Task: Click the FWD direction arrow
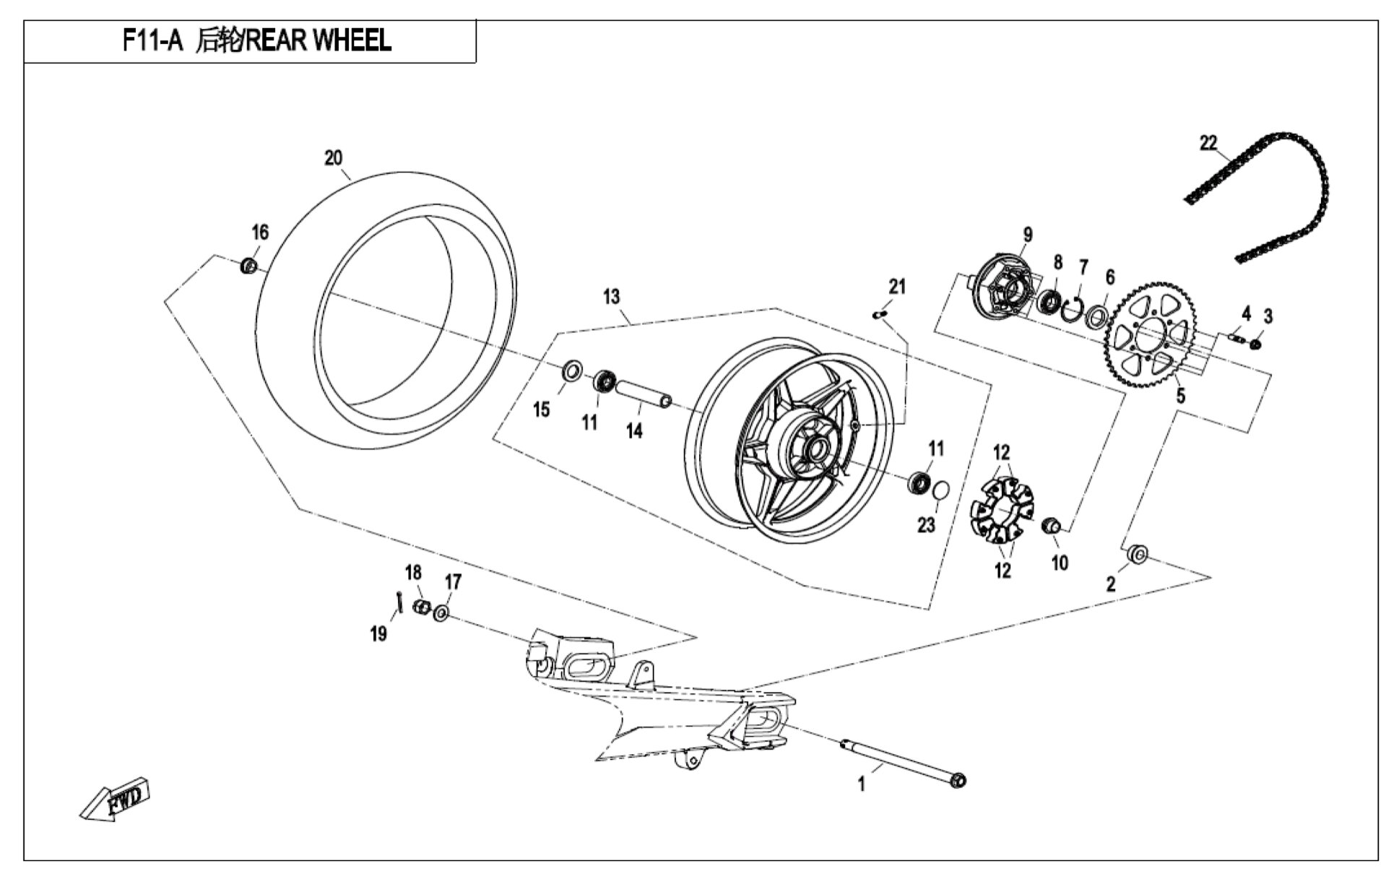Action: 114,800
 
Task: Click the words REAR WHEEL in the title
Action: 319,40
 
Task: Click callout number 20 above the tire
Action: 333,157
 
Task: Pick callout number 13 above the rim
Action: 611,296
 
